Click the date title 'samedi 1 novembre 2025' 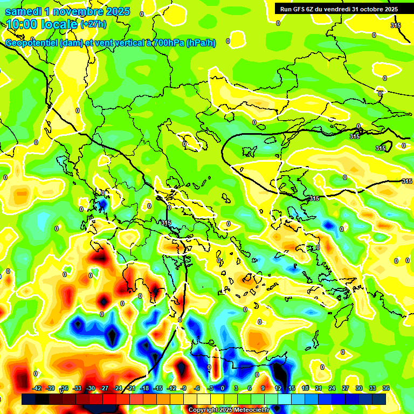[67, 11]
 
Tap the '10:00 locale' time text [42, 24]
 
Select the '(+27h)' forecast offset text [93, 24]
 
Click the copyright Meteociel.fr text [229, 410]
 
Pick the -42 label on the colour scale [37, 388]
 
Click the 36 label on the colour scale [386, 388]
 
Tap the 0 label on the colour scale [223, 388]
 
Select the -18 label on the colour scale [144, 388]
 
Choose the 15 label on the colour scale [291, 388]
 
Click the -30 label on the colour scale [91, 388]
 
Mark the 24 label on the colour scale [332, 388]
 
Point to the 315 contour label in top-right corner [396, 25]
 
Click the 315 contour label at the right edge [407, 181]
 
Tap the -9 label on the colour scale [184, 388]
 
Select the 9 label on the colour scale [264, 388]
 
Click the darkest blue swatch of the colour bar [379, 399]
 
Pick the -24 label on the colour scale [118, 388]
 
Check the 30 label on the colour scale [359, 388]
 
